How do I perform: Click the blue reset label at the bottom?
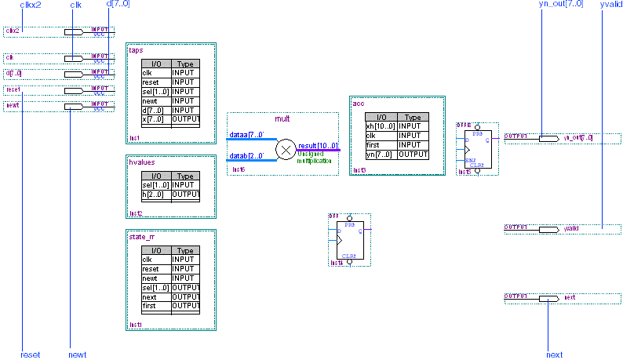pyautogui.click(x=30, y=355)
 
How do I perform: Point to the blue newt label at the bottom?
pyautogui.click(x=78, y=355)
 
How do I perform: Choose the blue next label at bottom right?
pyautogui.click(x=554, y=355)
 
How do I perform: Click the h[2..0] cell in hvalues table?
pyautogui.click(x=155, y=195)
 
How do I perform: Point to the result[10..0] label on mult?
pyautogui.click(x=318, y=146)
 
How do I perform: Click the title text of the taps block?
pyautogui.click(x=136, y=49)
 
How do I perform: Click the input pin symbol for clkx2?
pyautogui.click(x=74, y=32)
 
